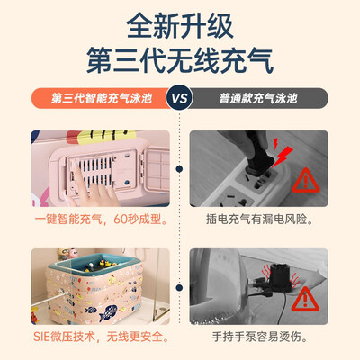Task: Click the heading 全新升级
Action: coord(180,25)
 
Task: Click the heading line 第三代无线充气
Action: coord(180,60)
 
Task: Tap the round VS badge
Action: coord(180,98)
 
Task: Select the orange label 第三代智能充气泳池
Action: coord(102,98)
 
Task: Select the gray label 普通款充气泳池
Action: coord(258,98)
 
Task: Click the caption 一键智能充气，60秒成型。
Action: coord(101,220)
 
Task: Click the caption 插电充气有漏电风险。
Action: coord(260,220)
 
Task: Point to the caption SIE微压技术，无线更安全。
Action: coord(101,337)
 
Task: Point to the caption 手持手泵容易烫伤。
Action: coord(260,337)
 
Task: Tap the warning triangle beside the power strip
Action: coord(306,181)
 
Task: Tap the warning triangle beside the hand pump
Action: coord(305,300)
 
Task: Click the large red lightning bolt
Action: coord(282,156)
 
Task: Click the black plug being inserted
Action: coord(258,155)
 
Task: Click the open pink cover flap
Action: coord(157,170)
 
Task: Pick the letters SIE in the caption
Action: coord(41,337)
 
